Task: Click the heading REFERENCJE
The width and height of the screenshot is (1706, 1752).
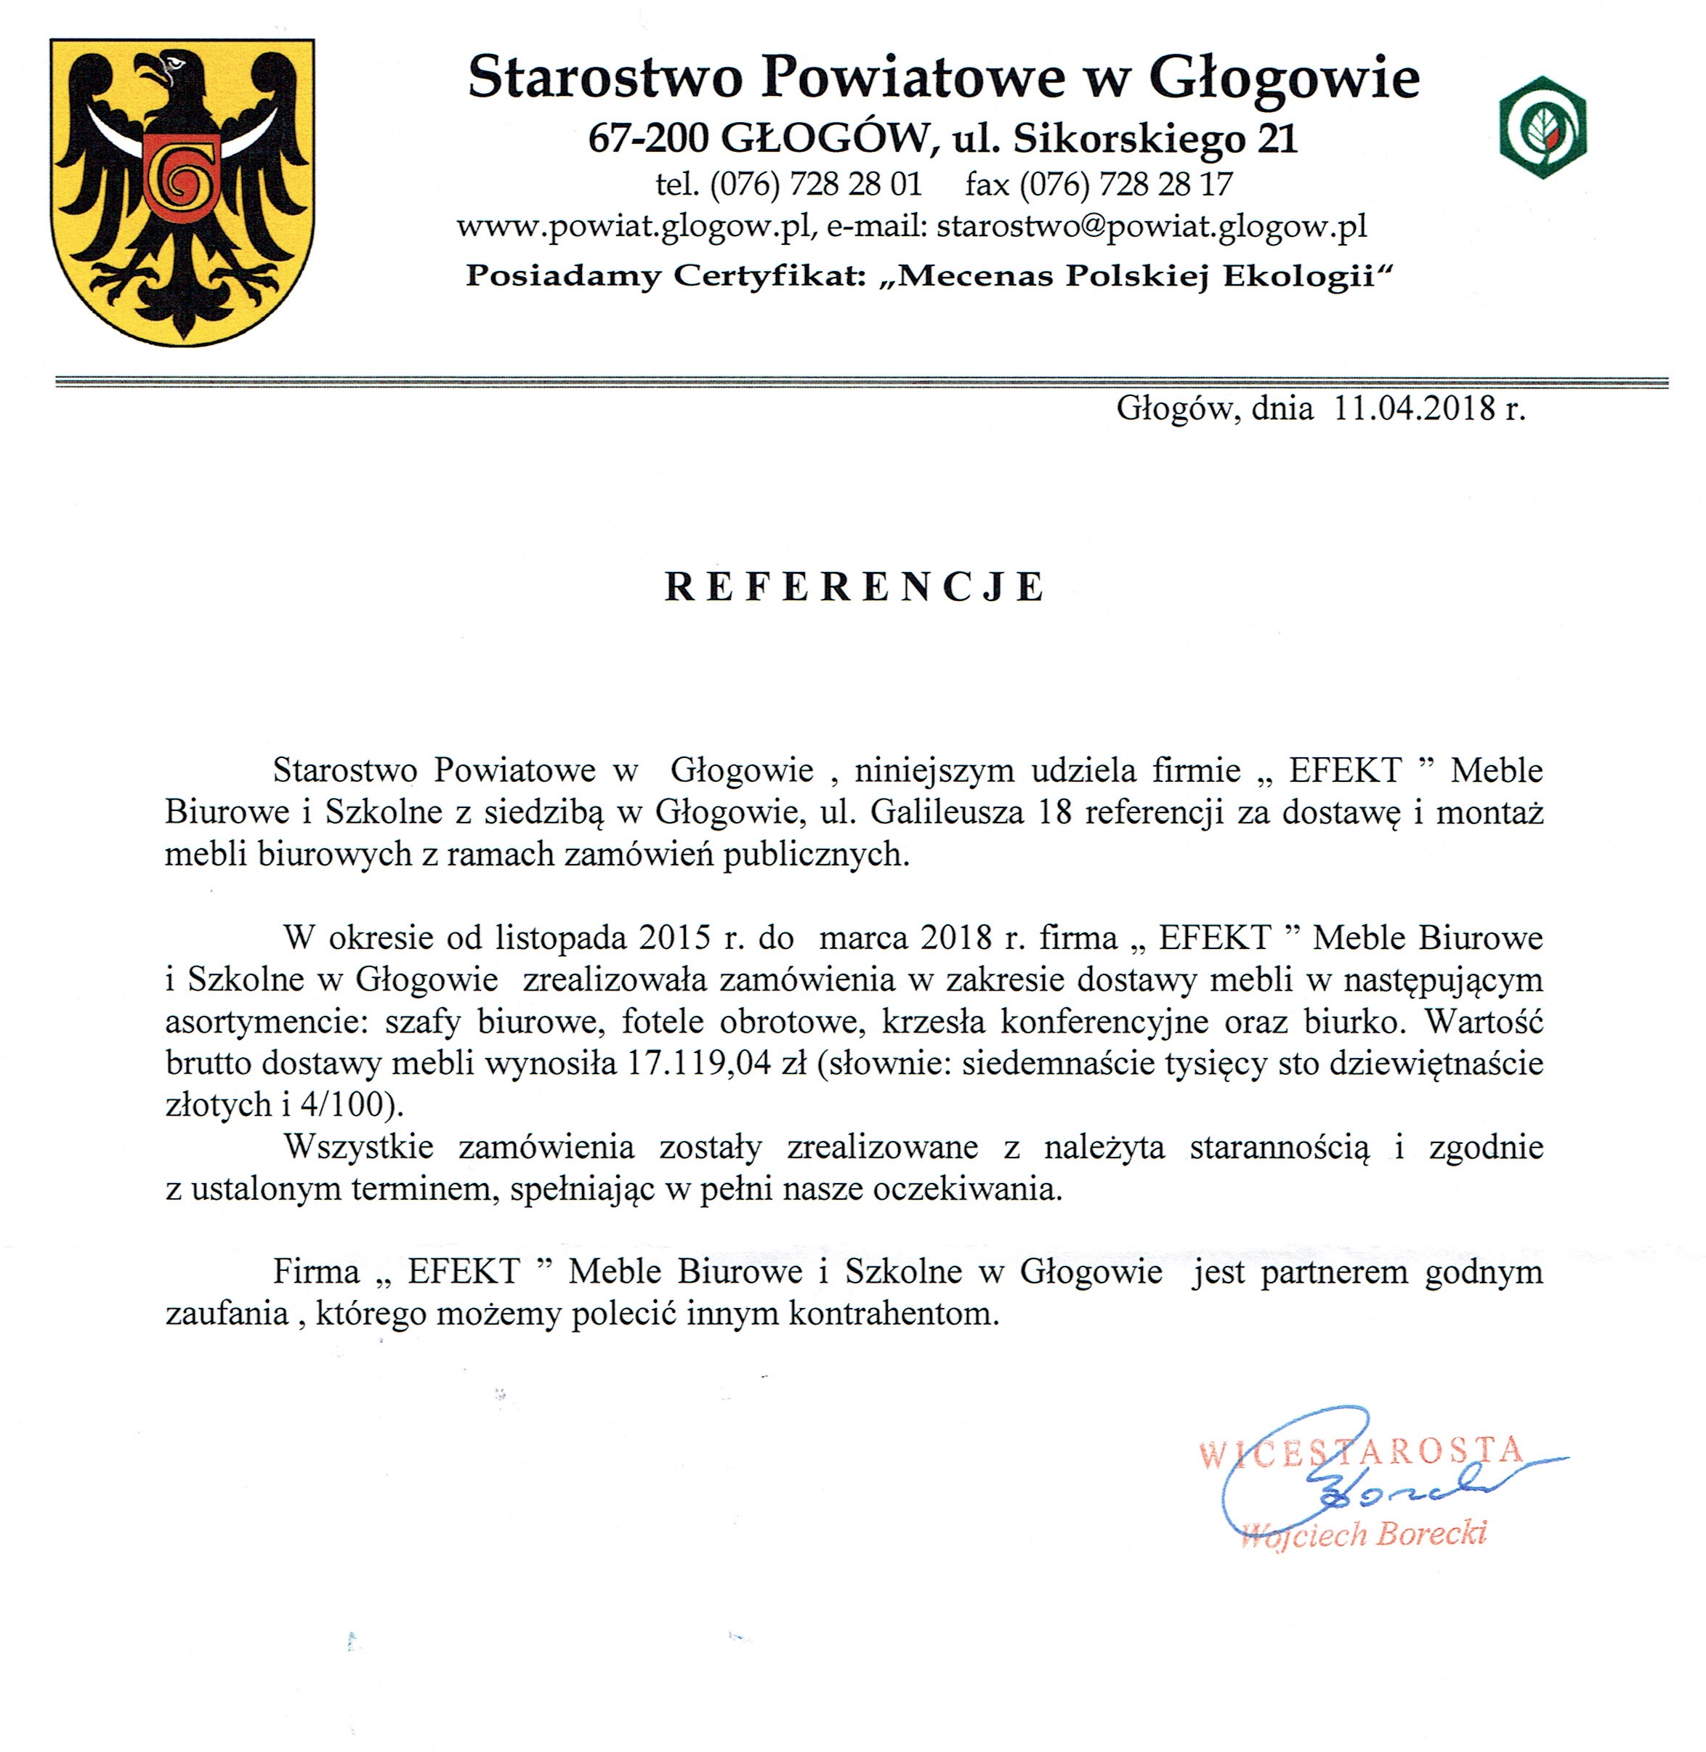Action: (x=854, y=587)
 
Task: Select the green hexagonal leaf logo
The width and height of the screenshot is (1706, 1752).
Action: (x=1543, y=126)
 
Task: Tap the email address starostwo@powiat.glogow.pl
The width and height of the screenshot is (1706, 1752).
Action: (x=1152, y=226)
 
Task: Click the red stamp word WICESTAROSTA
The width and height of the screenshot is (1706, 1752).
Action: (x=1360, y=1451)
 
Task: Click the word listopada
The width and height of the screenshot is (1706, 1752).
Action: (x=560, y=937)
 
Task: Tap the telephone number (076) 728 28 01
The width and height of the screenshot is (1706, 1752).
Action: (x=815, y=185)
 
